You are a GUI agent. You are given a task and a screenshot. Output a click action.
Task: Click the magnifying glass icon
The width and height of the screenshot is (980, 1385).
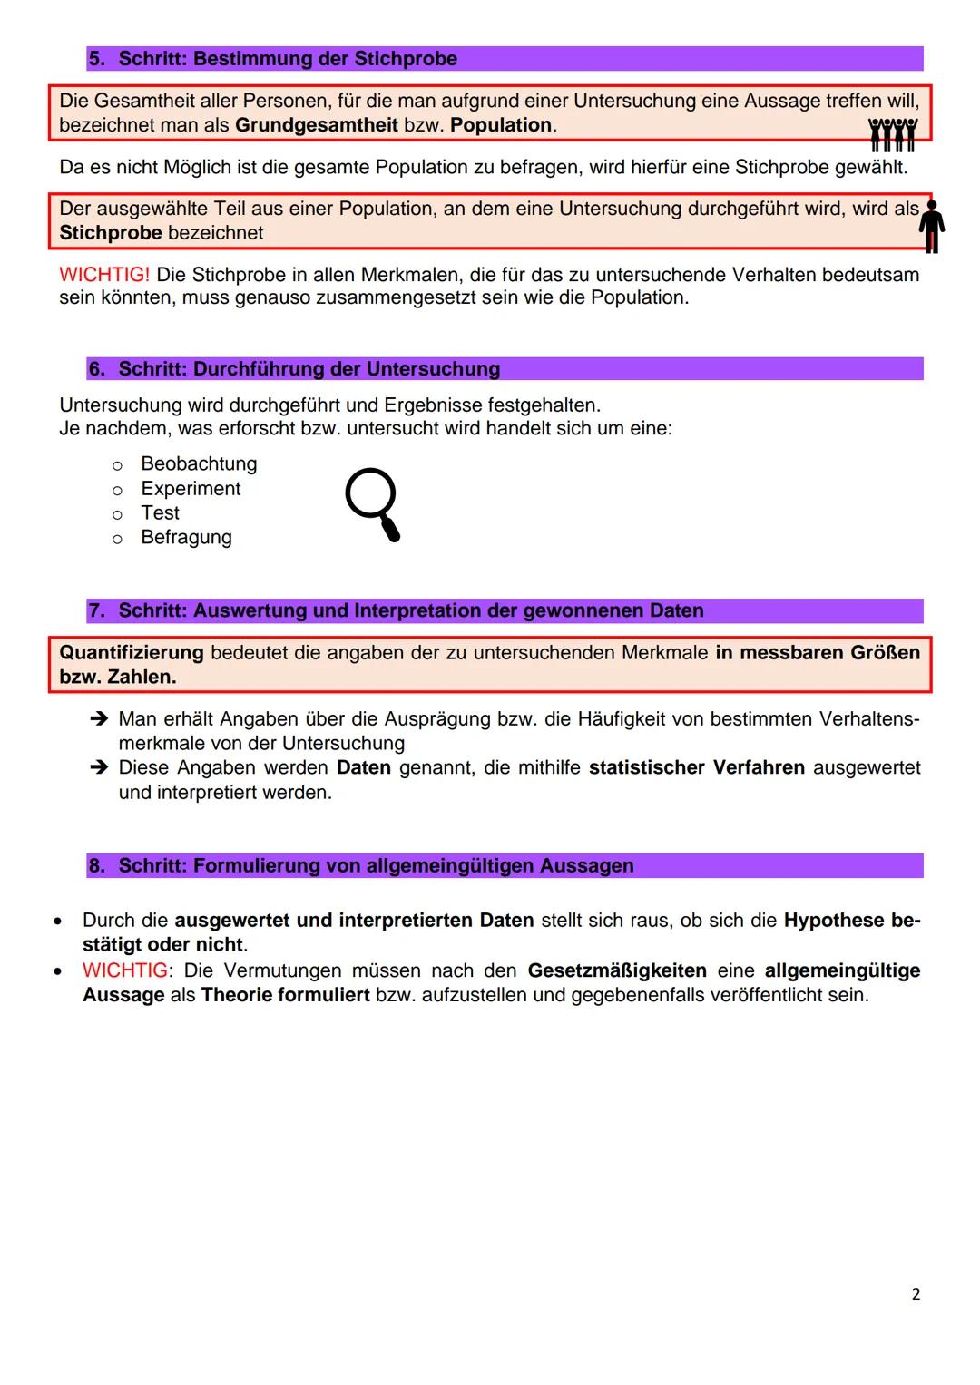click(372, 503)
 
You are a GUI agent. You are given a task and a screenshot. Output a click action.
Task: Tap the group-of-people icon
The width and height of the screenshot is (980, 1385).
click(893, 134)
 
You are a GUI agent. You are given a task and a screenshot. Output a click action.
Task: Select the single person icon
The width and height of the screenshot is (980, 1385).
click(931, 227)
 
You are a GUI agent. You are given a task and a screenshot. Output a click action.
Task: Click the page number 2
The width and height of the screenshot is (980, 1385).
click(916, 1294)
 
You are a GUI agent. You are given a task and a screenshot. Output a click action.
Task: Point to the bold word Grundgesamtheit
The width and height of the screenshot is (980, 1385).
click(316, 125)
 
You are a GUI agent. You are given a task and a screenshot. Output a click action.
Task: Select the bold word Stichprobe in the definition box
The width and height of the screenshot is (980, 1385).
click(110, 233)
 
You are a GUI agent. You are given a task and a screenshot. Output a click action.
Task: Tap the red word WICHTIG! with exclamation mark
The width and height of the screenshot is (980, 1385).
click(104, 275)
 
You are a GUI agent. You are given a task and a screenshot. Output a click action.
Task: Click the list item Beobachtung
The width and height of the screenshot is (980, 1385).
click(199, 464)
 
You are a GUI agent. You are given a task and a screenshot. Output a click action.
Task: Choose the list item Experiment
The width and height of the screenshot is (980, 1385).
click(191, 489)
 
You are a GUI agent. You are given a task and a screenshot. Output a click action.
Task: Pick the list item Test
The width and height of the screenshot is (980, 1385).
click(161, 513)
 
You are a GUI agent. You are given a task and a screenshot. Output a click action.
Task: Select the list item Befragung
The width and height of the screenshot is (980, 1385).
click(186, 538)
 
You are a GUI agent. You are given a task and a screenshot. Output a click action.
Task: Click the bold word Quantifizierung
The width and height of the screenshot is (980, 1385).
click(131, 653)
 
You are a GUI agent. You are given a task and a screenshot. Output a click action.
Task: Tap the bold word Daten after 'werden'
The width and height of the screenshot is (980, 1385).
click(363, 768)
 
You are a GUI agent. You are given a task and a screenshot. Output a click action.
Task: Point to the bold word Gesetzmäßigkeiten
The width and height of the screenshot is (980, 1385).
click(617, 970)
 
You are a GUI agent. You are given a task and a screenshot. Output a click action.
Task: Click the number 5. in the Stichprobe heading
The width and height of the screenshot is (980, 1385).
click(97, 59)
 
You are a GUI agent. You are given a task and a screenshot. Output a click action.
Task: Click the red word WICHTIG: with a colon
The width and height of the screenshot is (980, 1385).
click(125, 970)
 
